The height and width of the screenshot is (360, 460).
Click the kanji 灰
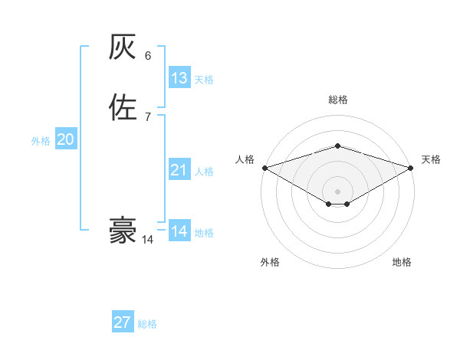tap(123, 49)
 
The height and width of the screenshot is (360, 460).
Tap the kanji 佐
tap(123, 107)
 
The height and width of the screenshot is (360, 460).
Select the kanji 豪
tap(123, 231)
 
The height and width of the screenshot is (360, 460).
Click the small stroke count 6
tap(148, 56)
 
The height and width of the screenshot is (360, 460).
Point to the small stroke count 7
tap(148, 116)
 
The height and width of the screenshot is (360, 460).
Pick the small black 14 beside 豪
tap(147, 240)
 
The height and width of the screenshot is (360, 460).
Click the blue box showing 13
tap(179, 78)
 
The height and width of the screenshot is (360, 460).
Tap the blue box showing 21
tap(179, 170)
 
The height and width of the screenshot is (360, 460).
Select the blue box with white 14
tap(179, 231)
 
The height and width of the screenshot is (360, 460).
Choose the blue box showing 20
tap(66, 139)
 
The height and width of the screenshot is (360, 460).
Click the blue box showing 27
tap(123, 322)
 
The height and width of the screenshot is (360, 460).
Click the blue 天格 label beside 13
tap(204, 80)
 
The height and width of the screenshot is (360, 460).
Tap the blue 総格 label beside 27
tap(147, 324)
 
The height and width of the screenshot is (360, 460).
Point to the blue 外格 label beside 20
tap(41, 141)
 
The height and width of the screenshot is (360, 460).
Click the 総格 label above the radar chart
tap(337, 100)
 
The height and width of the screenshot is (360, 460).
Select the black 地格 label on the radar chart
tap(402, 262)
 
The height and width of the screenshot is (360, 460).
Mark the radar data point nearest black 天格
tap(412, 168)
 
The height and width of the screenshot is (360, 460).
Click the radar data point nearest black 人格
tap(264, 168)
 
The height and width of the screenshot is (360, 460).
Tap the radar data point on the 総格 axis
tap(337, 146)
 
